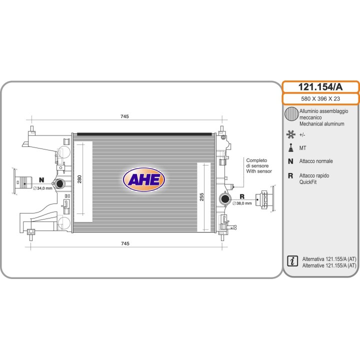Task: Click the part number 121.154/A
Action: click(320, 87)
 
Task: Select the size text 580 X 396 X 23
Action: click(320, 98)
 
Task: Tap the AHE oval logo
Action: click(144, 179)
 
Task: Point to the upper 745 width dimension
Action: click(124, 116)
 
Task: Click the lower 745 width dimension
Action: click(125, 243)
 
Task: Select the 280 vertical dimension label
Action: click(79, 179)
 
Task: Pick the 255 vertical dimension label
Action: click(201, 197)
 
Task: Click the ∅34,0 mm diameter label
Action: click(42, 188)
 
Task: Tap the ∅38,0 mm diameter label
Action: click(242, 203)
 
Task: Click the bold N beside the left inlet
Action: click(41, 180)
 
